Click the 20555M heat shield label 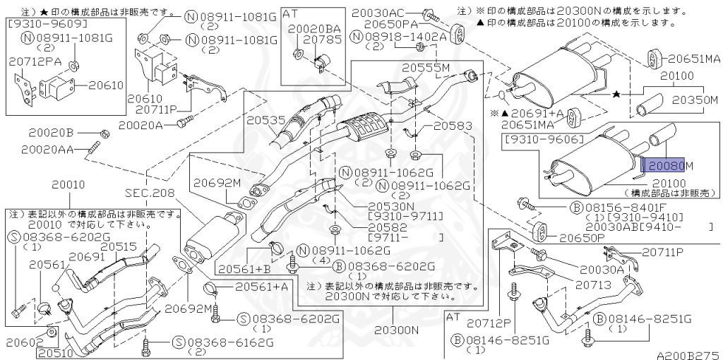coord(426,68)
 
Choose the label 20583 coord(453,126)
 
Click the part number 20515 coord(118,246)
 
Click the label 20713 coord(592,285)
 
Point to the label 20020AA coord(47,150)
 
